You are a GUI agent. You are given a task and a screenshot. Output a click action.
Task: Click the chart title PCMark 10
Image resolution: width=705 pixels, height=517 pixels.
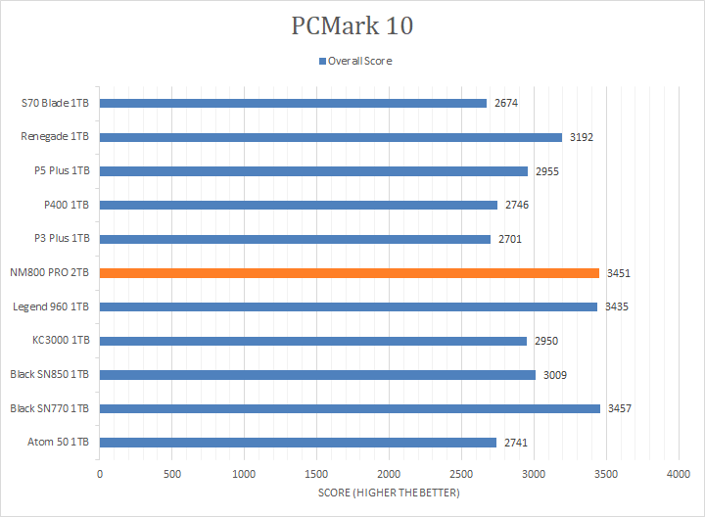(352, 25)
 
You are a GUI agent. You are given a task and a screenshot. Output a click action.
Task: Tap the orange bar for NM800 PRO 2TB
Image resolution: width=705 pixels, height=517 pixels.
(349, 273)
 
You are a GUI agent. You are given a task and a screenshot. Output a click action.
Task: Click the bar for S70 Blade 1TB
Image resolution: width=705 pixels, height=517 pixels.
(293, 103)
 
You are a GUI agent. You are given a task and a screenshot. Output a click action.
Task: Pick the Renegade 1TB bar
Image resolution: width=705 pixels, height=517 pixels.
(330, 137)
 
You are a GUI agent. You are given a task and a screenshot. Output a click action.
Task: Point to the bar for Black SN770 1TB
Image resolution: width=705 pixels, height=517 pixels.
(350, 408)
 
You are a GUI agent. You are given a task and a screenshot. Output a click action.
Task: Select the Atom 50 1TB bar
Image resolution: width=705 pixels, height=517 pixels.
(298, 443)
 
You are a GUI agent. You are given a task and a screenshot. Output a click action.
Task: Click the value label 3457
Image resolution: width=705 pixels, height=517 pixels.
(620, 408)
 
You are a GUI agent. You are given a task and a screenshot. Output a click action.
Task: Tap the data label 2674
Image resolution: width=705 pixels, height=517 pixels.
(506, 103)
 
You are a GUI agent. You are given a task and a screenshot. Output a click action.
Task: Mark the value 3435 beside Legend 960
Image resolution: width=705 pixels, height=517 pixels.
(617, 306)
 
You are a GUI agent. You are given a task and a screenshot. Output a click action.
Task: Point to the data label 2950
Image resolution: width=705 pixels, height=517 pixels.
(546, 341)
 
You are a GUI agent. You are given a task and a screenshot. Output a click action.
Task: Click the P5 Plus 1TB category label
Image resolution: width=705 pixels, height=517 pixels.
(62, 170)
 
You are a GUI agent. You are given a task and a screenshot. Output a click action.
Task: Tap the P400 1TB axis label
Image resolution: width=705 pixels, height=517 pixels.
(69, 205)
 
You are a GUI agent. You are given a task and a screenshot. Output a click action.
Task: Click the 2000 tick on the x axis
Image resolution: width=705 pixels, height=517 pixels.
(389, 474)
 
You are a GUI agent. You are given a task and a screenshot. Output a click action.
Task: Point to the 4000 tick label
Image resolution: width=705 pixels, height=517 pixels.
(679, 474)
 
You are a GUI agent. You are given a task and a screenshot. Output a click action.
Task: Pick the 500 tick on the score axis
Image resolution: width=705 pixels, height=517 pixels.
(172, 474)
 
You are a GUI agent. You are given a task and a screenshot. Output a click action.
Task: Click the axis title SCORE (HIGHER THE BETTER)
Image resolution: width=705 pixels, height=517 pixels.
(389, 493)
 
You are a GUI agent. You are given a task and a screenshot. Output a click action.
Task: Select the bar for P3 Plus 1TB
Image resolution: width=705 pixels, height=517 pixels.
(295, 239)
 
